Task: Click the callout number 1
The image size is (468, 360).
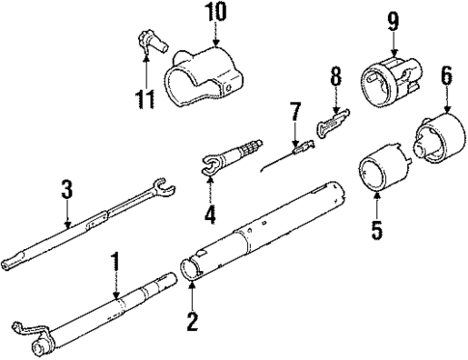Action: click(115, 260)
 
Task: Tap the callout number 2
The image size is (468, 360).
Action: click(192, 320)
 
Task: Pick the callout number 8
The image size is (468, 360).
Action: click(335, 76)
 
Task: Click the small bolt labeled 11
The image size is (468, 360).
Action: click(148, 42)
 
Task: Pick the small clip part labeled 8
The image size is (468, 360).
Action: click(330, 122)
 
